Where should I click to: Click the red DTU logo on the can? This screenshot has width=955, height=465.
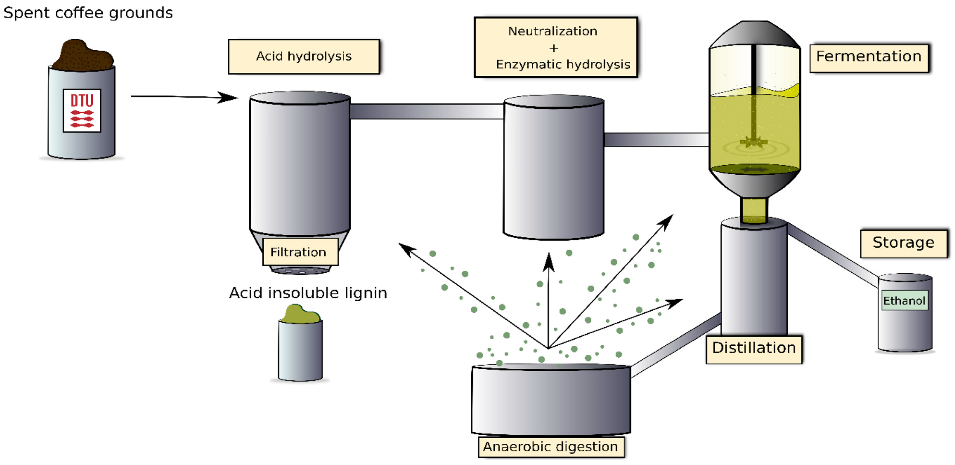tap(82, 110)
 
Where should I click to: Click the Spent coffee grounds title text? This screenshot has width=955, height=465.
tap(88, 12)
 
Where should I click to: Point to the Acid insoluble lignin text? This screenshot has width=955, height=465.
tap(308, 293)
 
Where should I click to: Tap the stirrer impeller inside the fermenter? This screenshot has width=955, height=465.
tap(753, 142)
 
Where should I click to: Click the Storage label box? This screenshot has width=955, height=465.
tap(903, 243)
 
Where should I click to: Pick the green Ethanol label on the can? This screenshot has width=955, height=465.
tap(904, 300)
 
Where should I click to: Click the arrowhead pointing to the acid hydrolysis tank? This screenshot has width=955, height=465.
tap(227, 98)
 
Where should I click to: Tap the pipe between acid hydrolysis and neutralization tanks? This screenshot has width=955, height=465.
tap(426, 111)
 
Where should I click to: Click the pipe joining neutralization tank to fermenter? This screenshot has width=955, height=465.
tap(656, 140)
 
